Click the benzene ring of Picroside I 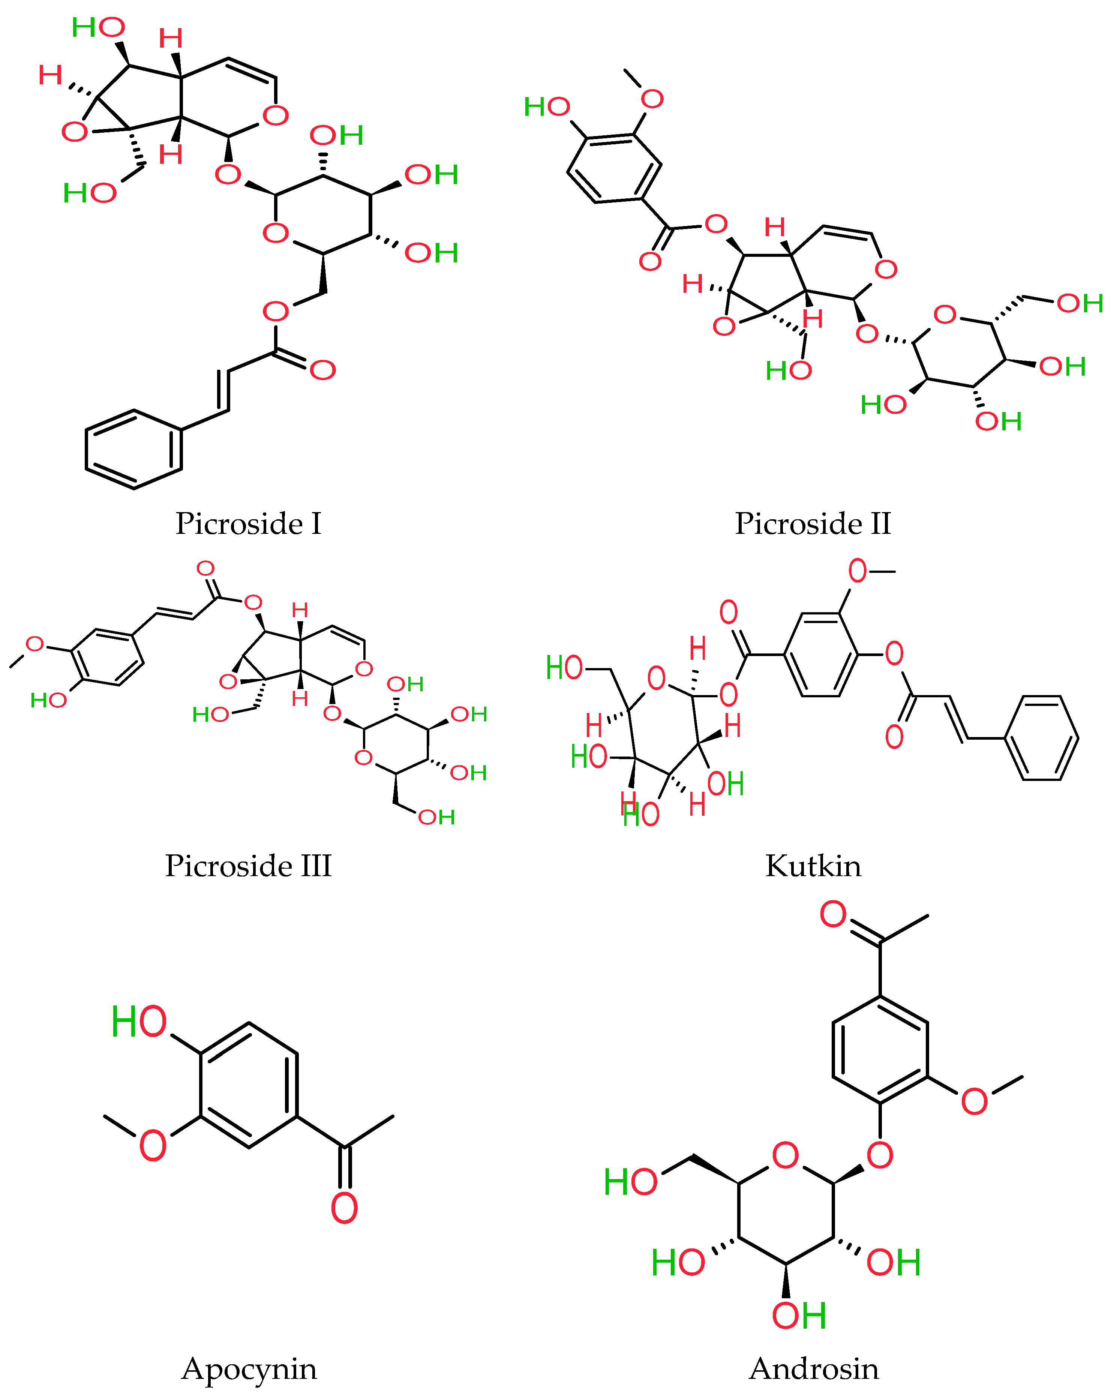pos(134,449)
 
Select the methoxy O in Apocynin pos(153,1146)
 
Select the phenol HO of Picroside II pos(547,107)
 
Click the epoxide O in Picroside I pos(74,131)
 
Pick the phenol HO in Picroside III pos(48,700)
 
